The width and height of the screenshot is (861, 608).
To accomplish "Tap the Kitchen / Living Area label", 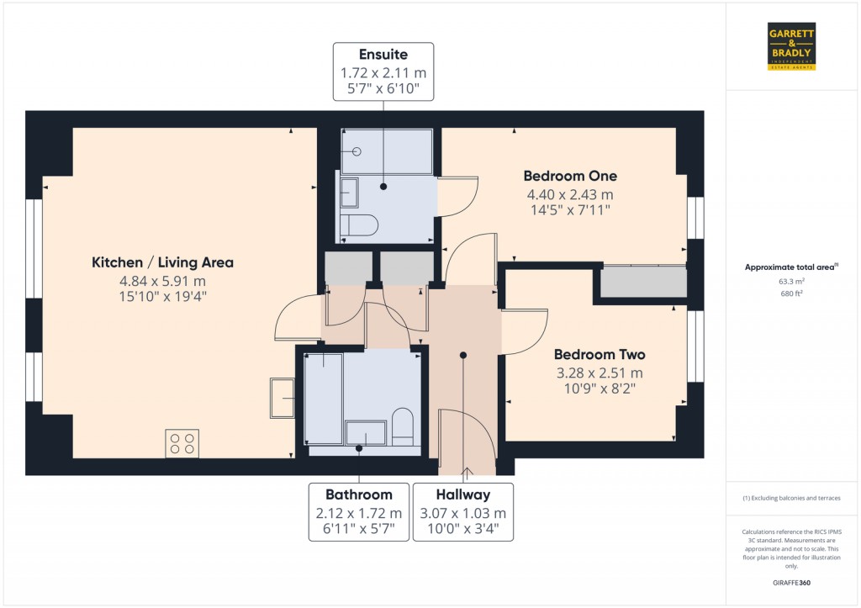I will point(162,263).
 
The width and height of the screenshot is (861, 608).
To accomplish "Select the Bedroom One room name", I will point(570,177).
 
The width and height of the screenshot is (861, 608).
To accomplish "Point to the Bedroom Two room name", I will point(600,355).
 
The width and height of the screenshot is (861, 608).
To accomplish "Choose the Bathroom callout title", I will point(359,494).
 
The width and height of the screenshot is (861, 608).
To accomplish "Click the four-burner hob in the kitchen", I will point(182,442).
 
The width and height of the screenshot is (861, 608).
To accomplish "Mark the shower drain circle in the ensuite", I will point(357,151).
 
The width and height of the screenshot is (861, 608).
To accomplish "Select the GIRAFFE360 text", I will point(791,582).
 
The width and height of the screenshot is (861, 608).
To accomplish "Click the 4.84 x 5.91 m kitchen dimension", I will point(162,282).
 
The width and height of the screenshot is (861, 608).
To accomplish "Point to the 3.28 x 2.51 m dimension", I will point(600,373).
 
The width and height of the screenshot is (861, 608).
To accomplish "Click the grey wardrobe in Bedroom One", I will point(644,283).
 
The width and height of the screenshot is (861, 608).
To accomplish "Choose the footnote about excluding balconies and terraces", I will point(791,499).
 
